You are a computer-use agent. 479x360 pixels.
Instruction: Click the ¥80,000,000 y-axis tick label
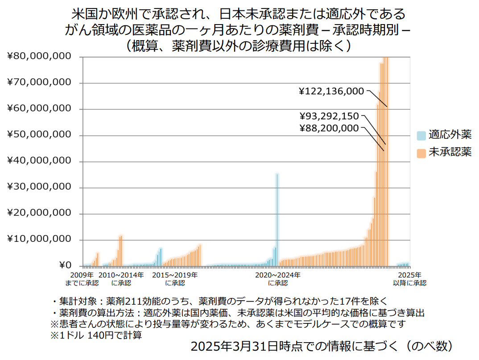click(x=39, y=57)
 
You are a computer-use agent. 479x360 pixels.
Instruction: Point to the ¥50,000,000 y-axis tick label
click(x=39, y=135)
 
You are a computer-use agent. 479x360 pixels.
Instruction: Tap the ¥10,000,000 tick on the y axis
click(x=39, y=240)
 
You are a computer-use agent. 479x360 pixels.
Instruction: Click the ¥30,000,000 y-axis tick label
click(x=39, y=187)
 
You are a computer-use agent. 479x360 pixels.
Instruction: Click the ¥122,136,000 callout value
click(x=331, y=91)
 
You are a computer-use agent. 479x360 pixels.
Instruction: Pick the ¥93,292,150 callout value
click(x=329, y=117)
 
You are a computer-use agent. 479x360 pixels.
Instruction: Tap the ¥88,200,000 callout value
click(x=329, y=128)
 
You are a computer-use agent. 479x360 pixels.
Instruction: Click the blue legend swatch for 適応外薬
click(x=421, y=135)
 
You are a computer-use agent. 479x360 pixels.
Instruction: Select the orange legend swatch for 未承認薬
click(x=421, y=153)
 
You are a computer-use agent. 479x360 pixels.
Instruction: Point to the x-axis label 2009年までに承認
click(x=82, y=279)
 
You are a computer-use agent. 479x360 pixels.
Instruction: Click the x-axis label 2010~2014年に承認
click(x=121, y=279)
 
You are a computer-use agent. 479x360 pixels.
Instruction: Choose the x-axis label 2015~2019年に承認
click(x=175, y=279)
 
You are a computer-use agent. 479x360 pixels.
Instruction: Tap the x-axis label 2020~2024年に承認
click(x=278, y=279)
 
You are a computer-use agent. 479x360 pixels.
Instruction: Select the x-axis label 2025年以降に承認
click(x=409, y=279)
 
